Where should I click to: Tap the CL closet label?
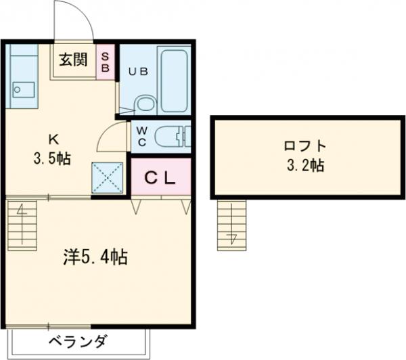click(161, 178)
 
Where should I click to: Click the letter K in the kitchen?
click(53, 140)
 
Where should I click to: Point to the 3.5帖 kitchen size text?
click(53, 159)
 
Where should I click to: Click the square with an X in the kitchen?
click(106, 178)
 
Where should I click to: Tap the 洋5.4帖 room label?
click(95, 256)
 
